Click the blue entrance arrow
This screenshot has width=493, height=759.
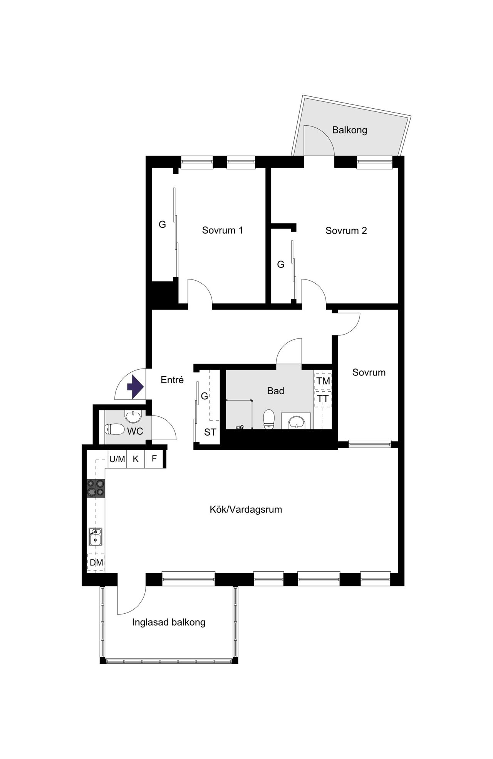(135, 386)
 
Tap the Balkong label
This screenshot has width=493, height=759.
(350, 130)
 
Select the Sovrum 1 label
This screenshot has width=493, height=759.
(223, 230)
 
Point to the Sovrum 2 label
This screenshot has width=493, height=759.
(346, 231)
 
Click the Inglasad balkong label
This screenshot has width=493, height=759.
(169, 622)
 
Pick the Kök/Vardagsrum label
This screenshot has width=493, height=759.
(246, 509)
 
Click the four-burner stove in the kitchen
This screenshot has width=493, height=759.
(96, 488)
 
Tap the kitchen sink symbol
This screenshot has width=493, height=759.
(96, 537)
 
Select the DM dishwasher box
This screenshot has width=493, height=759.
(96, 563)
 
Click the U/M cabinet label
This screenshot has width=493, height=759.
(117, 459)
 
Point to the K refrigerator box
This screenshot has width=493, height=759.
(136, 459)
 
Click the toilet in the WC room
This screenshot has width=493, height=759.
(115, 429)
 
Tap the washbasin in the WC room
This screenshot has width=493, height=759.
(133, 417)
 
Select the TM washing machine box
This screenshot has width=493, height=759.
(323, 381)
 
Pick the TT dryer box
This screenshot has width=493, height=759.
(323, 399)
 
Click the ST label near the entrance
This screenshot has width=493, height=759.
(210, 432)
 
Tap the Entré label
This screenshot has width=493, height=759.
(172, 380)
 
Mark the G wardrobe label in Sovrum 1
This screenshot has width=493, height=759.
(163, 224)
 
